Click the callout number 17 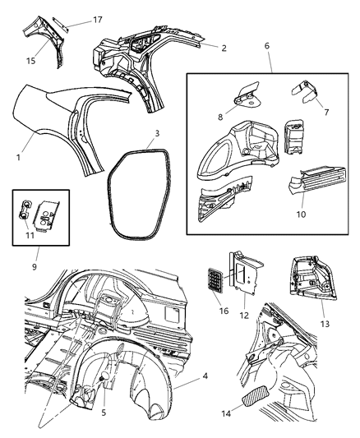click(98, 20)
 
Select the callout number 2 click(224, 48)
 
